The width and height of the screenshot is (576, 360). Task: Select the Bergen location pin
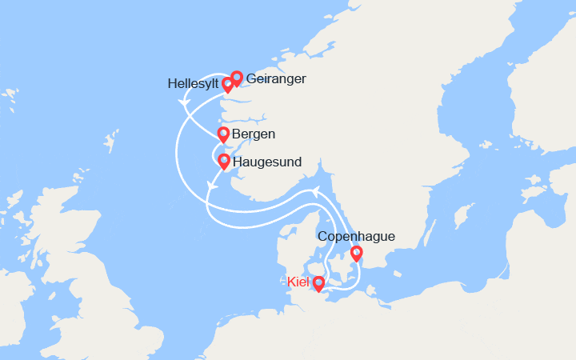(x=223, y=134)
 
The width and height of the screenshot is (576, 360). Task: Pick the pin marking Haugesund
(x=224, y=161)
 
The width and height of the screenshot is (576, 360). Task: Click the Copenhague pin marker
(x=357, y=254)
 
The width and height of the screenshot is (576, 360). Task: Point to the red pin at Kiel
(x=318, y=282)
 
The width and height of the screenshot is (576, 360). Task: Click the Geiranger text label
(x=277, y=80)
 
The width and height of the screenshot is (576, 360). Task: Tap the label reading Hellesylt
(x=192, y=83)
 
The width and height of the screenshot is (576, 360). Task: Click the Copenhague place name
(x=356, y=237)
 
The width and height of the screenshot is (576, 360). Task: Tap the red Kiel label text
(x=297, y=282)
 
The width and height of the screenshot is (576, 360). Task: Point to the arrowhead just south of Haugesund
(x=211, y=185)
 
